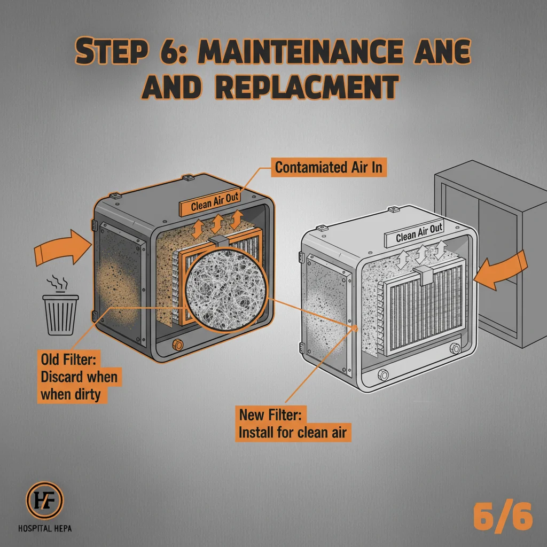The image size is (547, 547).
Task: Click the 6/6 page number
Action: coord(503,518)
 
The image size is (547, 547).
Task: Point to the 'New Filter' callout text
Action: coord(293,423)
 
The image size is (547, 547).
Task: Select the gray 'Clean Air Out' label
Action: coord(419,235)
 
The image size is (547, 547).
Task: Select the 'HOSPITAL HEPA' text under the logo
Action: coord(45,529)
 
